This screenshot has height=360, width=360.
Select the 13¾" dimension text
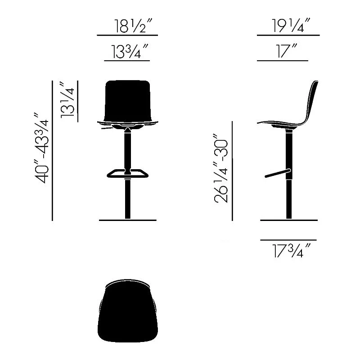pyautogui.click(x=130, y=51)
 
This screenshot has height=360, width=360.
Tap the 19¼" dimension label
pyautogui.click(x=291, y=25)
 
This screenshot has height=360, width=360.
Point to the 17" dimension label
pyautogui.click(x=287, y=51)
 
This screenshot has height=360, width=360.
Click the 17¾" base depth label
pyautogui.click(x=291, y=251)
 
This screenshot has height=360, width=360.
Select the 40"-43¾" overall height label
pyautogui.click(x=41, y=148)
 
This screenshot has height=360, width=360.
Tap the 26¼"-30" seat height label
pyautogui.click(x=221, y=168)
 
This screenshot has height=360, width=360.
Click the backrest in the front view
pyautogui.click(x=128, y=101)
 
